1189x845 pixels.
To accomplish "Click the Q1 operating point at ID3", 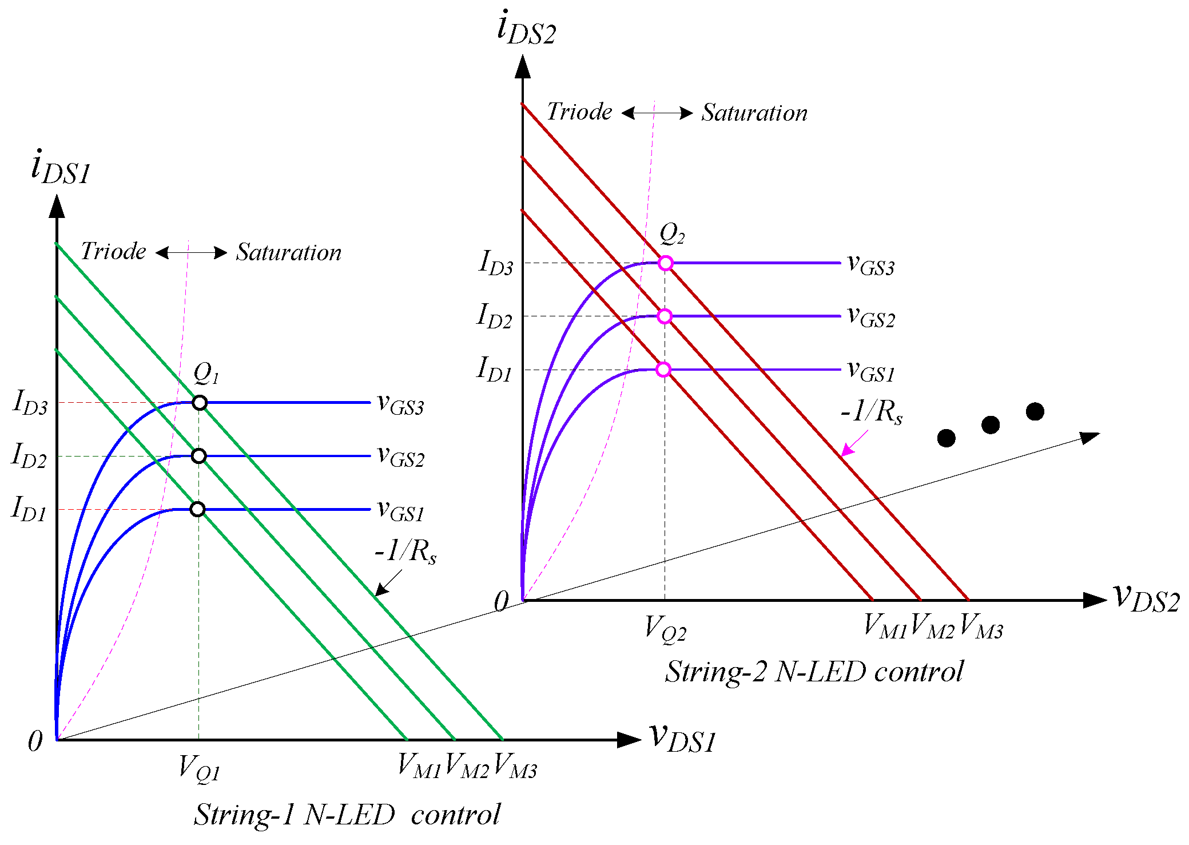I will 199,403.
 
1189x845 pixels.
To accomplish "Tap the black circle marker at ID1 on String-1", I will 197,509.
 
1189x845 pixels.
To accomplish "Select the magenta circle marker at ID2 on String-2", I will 664,316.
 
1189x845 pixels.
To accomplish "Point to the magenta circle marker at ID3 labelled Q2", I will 665,263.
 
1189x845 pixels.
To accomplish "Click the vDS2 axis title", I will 1146,599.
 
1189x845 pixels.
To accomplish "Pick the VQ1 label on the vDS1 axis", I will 199,768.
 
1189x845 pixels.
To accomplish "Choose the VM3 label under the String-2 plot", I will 981,626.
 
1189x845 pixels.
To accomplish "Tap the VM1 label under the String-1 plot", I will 419,766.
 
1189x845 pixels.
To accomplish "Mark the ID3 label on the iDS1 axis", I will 30,402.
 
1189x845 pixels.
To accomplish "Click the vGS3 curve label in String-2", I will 870,265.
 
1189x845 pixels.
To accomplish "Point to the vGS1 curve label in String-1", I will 400,511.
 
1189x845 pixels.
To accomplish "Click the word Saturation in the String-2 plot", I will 754,113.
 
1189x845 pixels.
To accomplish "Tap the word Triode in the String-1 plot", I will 113,251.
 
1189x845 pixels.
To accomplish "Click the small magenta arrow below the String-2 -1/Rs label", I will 854,443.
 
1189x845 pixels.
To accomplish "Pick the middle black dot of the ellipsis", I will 991,425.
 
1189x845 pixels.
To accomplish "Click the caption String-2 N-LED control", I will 814,672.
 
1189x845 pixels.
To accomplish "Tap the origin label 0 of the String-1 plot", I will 35,741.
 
